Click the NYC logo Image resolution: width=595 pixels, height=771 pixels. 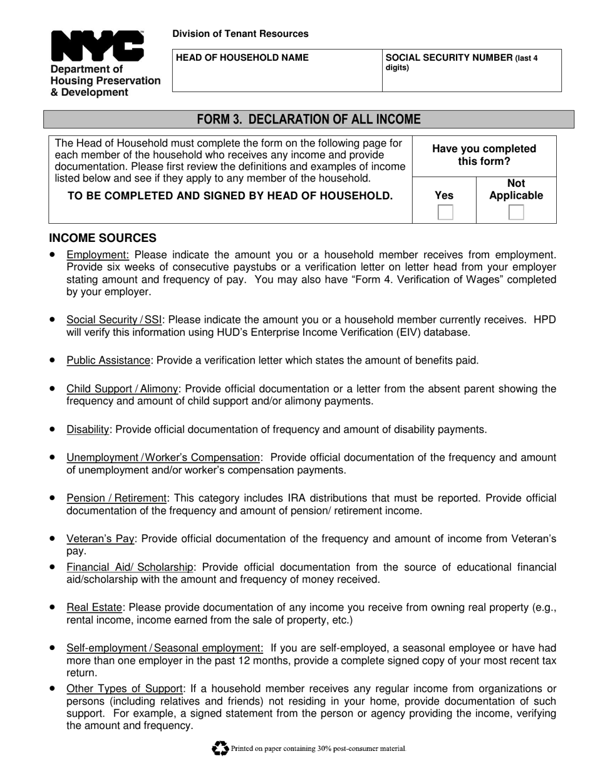coord(97,46)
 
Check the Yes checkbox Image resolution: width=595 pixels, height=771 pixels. coord(445,212)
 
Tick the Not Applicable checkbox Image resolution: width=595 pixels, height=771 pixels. coord(516,212)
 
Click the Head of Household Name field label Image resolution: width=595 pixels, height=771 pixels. coord(243,58)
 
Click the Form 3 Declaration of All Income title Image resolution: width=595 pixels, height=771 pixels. coord(309,119)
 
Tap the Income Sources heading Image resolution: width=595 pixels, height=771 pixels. coord(103,238)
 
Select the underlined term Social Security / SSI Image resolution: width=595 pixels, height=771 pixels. coord(114,320)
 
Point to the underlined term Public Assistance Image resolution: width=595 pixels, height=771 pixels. coord(108,360)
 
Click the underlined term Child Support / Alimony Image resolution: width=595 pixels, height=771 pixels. coord(122,389)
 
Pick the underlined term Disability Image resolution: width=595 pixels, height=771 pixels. coord(88,429)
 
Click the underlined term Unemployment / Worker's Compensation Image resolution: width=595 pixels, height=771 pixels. coord(163,458)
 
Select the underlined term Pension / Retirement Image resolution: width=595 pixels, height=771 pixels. coord(116,498)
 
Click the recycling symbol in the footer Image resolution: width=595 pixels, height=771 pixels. coord(220,748)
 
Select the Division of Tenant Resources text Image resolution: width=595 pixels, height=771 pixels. coord(241,34)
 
